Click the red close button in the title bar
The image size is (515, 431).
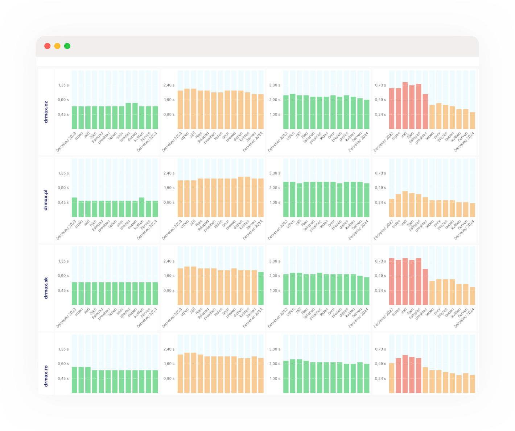(47, 46)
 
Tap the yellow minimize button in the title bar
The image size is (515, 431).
(57, 46)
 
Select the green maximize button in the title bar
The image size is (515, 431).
(67, 46)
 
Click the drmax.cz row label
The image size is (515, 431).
(46, 112)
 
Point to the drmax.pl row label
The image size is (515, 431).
(46, 200)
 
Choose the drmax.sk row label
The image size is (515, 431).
(46, 288)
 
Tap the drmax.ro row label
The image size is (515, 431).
(46, 376)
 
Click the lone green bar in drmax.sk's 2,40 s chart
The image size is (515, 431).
(261, 288)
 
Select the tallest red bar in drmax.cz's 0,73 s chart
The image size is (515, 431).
(405, 105)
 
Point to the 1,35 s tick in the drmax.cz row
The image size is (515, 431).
(63, 85)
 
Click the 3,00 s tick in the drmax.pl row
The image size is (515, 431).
(275, 173)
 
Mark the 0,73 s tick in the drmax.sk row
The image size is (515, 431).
(380, 261)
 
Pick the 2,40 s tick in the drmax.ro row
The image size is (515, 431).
(169, 349)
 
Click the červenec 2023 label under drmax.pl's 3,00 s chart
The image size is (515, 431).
(278, 230)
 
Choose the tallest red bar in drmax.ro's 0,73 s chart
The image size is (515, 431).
(405, 374)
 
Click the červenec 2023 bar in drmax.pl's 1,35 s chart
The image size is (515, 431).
(74, 207)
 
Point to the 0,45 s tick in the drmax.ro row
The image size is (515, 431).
(63, 378)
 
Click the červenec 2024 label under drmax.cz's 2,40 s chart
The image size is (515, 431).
(253, 142)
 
